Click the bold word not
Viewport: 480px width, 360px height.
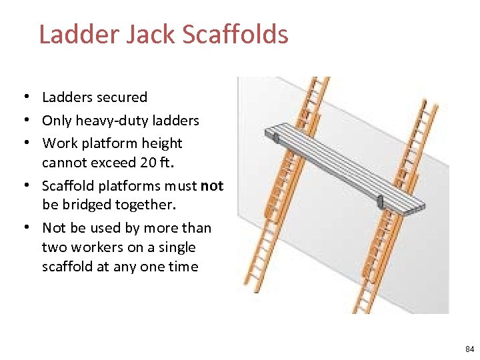[x=212, y=185]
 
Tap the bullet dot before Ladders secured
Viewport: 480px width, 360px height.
[x=24, y=97]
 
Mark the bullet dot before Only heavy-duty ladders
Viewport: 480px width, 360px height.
[x=24, y=121]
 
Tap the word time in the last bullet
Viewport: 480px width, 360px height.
[x=183, y=267]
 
